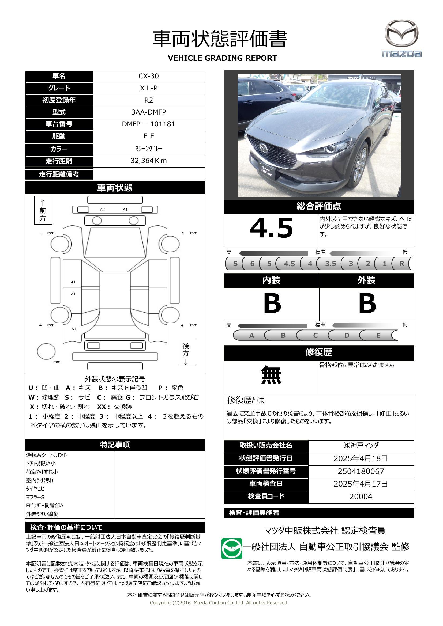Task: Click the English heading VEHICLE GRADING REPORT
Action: coord(222,58)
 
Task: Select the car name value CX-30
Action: coord(149,76)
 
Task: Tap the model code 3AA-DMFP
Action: coord(149,112)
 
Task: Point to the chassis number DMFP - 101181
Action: coord(149,124)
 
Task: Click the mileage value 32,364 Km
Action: coord(149,161)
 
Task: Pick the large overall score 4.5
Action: coord(271,228)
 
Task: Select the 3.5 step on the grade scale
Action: coord(330,264)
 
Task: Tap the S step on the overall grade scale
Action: coord(235,264)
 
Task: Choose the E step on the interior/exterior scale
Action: coord(378,335)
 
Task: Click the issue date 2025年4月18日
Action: coord(361,458)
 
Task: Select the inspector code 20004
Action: coord(361,496)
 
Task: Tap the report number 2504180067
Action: coord(361,471)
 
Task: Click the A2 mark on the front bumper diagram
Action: coord(102,210)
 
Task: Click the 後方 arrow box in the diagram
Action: coord(187,353)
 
